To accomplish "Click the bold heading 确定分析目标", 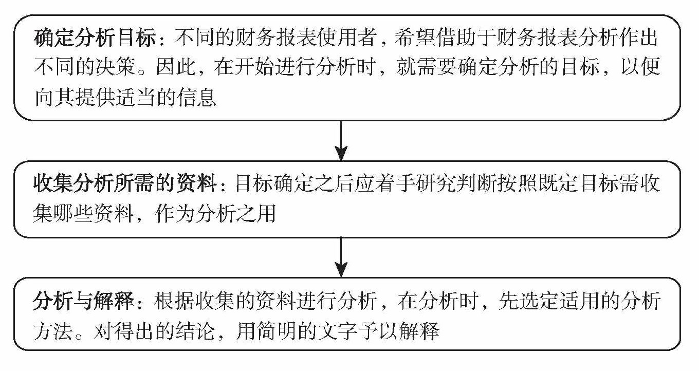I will pos(98,39).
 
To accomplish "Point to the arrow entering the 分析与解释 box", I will pos(341,257).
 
